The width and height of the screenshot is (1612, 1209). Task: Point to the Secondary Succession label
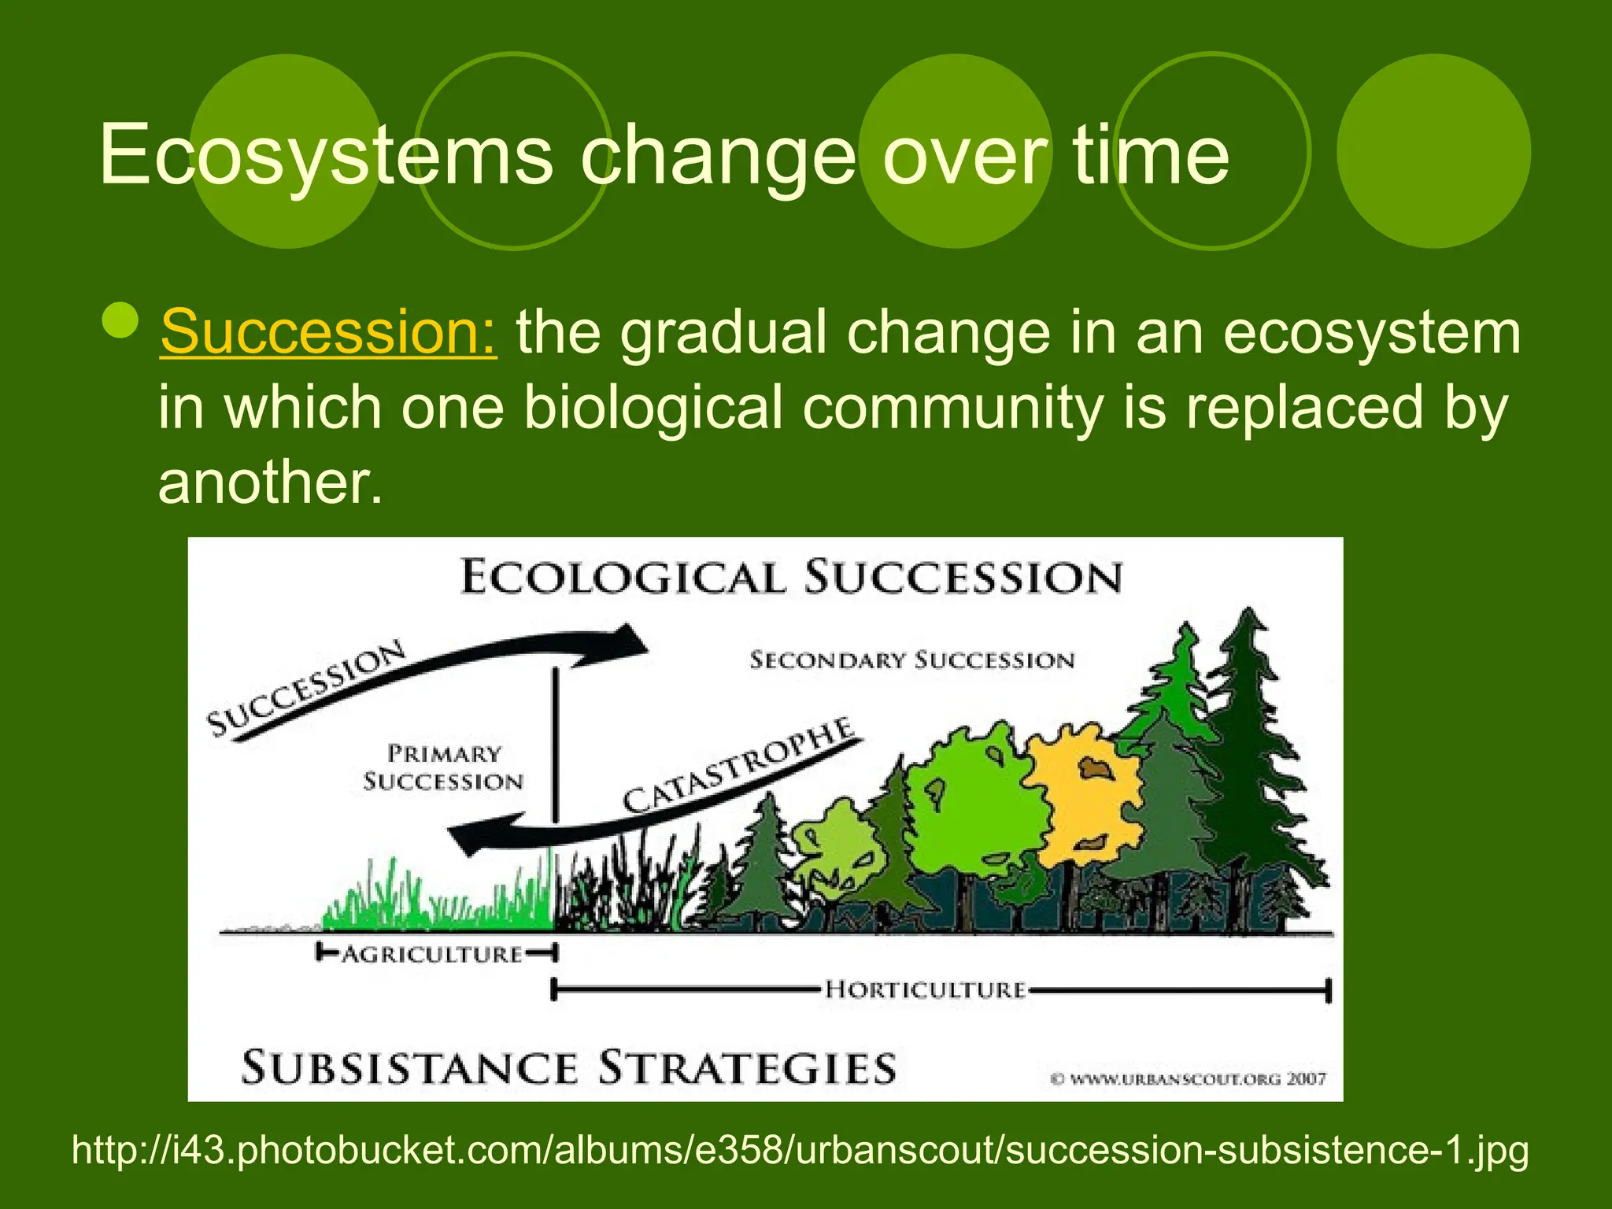[x=911, y=660]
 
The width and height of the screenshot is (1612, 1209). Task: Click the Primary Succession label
[x=443, y=767]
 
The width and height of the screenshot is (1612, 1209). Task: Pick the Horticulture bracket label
[x=926, y=989]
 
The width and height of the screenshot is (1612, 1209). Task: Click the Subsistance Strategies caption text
[x=568, y=1068]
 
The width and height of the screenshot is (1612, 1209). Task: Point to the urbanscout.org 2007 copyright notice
[x=1189, y=1079]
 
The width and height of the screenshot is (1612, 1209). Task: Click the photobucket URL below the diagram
[x=800, y=1150]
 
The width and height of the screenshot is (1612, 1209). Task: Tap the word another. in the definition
[x=270, y=482]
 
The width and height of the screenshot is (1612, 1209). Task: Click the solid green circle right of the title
[x=1433, y=151]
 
